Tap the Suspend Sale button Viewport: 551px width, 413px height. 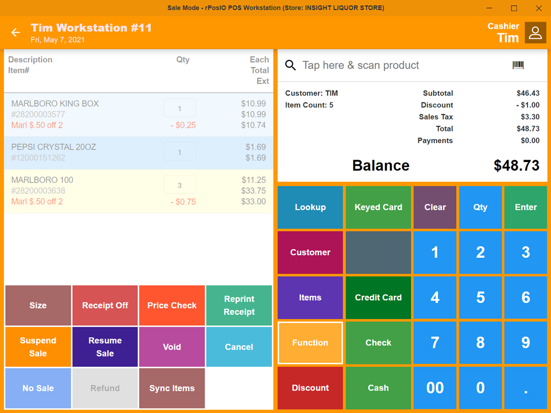tap(38, 347)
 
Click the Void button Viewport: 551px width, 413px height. tap(172, 347)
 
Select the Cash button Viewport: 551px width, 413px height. tap(378, 388)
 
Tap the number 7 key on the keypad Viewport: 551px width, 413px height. tap(435, 343)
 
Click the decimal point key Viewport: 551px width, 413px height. tap(525, 388)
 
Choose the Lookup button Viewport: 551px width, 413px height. tap(310, 207)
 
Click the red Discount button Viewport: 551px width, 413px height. tap(310, 388)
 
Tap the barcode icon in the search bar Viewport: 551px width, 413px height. tap(518, 65)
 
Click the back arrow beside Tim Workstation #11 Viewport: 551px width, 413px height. tap(16, 33)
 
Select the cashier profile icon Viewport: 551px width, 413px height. tap(535, 33)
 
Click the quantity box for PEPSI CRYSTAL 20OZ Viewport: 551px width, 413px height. tap(180, 152)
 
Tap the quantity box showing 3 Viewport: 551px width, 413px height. tap(180, 185)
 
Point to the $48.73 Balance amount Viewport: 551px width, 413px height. tap(516, 166)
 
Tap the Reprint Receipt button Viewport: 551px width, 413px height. tap(239, 305)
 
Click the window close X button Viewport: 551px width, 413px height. tap(539, 8)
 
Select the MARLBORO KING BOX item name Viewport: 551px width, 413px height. tap(55, 104)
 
